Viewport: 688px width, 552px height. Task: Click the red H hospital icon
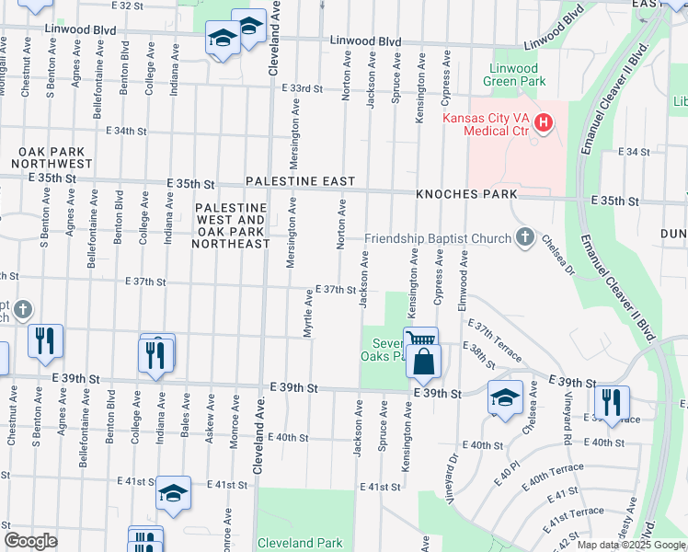544,122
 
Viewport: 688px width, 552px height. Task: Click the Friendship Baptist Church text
437,239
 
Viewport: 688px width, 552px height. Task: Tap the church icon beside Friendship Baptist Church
524,238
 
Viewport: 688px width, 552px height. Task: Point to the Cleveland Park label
300,543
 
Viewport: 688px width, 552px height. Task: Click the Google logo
30,541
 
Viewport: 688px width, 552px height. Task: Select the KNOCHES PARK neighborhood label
466,195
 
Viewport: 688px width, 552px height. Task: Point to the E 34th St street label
126,131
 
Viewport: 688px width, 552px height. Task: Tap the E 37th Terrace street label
496,341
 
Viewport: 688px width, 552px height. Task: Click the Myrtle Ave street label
308,314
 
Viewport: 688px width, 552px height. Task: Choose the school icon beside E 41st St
173,494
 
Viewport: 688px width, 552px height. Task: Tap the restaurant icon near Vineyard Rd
611,401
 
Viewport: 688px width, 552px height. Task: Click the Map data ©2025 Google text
630,545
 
